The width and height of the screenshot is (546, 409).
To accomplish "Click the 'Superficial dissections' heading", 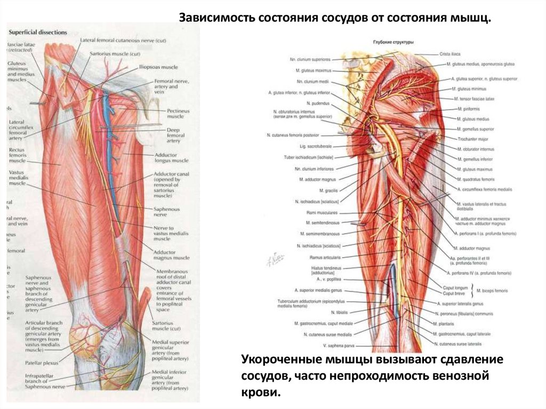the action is point(38,33).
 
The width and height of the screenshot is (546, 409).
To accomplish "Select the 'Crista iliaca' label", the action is point(449,54).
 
